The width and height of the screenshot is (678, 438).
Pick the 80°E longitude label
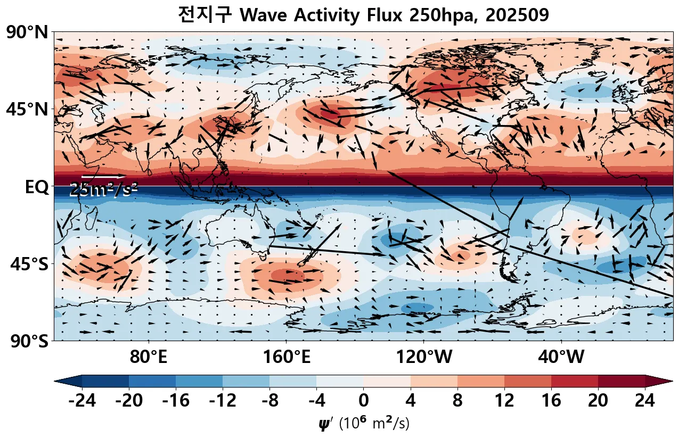pyautogui.click(x=148, y=358)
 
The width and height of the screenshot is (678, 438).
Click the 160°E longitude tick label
pyautogui.click(x=287, y=358)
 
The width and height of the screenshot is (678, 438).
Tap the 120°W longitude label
pyautogui.click(x=423, y=358)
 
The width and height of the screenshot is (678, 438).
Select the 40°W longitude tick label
pyautogui.click(x=561, y=358)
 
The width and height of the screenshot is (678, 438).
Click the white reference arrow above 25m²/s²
pyautogui.click(x=103, y=176)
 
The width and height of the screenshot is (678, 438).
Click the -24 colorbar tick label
pyautogui.click(x=82, y=401)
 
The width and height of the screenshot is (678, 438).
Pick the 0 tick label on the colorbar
pyautogui.click(x=363, y=401)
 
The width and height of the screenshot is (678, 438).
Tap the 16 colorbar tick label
pyautogui.click(x=551, y=401)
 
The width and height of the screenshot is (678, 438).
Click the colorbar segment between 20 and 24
pyautogui.click(x=621, y=381)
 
